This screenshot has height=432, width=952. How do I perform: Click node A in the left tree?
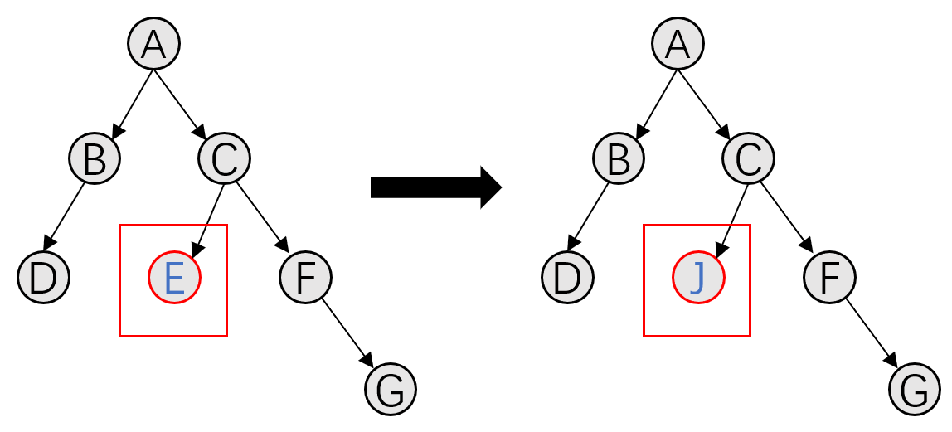(153, 44)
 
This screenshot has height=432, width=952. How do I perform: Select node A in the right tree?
(678, 44)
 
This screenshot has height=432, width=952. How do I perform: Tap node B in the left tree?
(95, 158)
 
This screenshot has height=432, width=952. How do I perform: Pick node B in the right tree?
(619, 158)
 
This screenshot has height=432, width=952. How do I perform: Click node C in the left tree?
(224, 158)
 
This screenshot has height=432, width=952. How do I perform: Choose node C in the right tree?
(748, 158)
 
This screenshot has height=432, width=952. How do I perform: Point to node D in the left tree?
(43, 277)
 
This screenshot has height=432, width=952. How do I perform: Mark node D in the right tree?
(567, 277)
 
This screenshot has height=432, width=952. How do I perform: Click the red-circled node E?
(174, 278)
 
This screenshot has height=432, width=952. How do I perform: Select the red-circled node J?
(697, 278)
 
